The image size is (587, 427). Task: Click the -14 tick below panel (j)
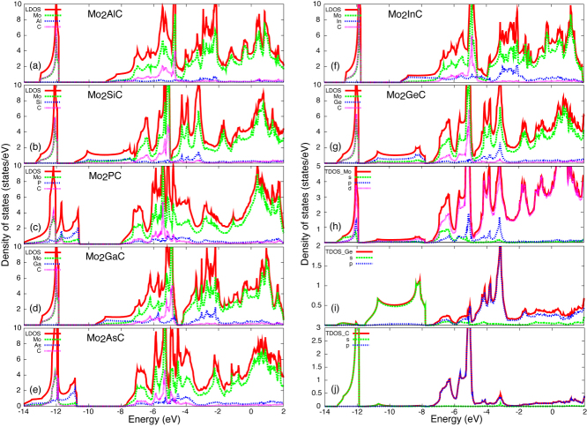323,411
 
